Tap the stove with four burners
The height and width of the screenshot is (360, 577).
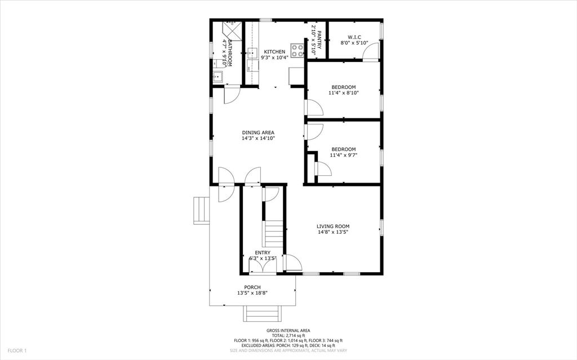click(x=297, y=49)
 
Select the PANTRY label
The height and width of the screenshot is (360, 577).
click(x=319, y=39)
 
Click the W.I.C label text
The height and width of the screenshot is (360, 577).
click(x=354, y=37)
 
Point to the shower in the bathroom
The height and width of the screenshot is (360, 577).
click(x=232, y=30)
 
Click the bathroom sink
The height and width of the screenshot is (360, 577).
click(x=216, y=77)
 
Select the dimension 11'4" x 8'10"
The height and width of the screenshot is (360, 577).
click(x=343, y=93)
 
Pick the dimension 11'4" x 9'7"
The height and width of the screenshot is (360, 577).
click(x=343, y=155)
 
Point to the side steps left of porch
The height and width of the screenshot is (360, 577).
click(x=201, y=210)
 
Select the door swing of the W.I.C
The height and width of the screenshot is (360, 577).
click(x=370, y=54)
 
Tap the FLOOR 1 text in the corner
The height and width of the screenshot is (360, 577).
click(x=17, y=351)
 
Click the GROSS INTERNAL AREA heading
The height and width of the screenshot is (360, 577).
click(x=288, y=331)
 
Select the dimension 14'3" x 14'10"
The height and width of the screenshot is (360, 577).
click(x=258, y=138)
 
